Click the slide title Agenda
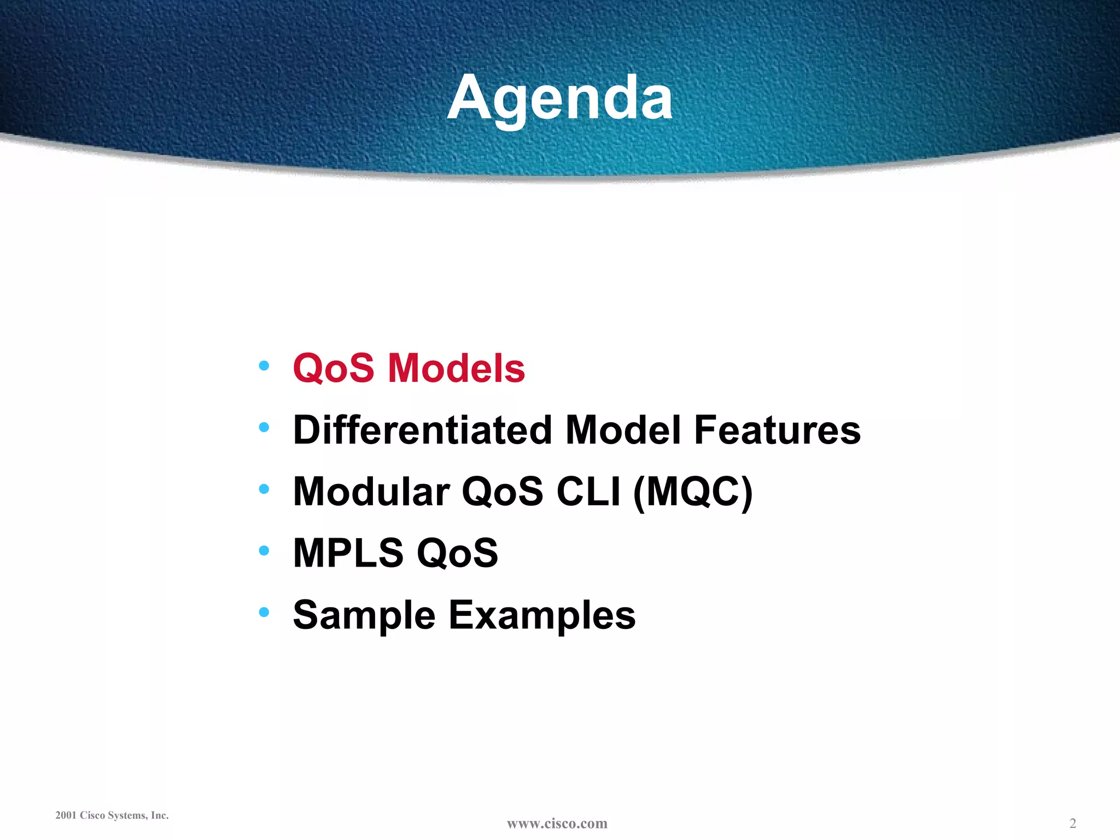click(560, 98)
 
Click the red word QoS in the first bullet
click(334, 369)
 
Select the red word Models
click(456, 369)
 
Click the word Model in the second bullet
click(623, 430)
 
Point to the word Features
click(777, 430)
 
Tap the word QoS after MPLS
click(457, 553)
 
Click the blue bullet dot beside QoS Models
click(264, 365)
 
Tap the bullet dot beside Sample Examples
click(264, 612)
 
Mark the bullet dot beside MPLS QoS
click(264, 550)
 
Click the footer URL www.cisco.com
click(557, 824)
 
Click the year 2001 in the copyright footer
click(66, 815)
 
